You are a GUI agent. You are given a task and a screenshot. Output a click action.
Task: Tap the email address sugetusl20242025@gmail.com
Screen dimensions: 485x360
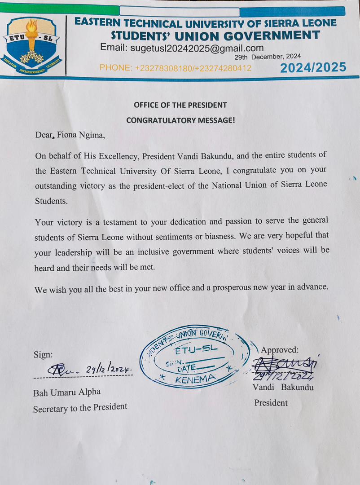182,48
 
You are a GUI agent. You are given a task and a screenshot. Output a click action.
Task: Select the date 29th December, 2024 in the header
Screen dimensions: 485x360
268,57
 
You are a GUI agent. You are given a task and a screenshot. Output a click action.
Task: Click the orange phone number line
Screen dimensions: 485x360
175,68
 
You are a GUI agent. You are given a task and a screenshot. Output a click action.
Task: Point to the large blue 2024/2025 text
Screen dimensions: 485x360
313,68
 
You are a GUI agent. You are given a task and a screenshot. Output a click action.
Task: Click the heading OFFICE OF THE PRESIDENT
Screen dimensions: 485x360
180,105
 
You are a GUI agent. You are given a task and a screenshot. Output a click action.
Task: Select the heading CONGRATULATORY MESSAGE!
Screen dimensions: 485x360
180,120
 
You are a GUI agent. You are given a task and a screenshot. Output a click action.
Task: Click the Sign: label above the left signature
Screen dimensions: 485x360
43,354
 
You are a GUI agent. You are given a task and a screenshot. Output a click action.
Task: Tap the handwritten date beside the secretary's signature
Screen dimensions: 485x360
109,369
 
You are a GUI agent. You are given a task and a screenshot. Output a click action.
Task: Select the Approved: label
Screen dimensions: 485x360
280,350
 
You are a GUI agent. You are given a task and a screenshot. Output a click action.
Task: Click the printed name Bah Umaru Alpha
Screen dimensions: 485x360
66,392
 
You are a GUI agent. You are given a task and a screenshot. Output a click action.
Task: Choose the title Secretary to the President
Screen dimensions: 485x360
80,407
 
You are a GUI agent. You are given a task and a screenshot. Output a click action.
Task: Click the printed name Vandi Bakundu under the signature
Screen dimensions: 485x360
283,387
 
